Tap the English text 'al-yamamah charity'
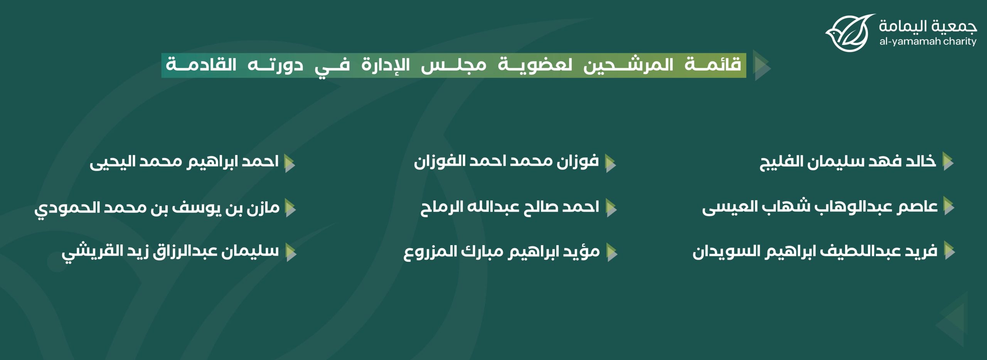click(928, 41)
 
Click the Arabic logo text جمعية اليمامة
click(928, 26)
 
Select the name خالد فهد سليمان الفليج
click(847, 161)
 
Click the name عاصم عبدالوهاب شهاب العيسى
click(820, 207)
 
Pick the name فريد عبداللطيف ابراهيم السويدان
click(815, 251)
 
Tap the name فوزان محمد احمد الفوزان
click(506, 161)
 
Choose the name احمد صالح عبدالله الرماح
click(510, 207)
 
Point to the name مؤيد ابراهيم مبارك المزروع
click(502, 252)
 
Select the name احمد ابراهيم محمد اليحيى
click(184, 162)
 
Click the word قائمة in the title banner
click(713, 64)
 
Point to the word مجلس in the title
click(453, 65)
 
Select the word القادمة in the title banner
click(201, 64)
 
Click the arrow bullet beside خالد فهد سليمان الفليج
click(948, 161)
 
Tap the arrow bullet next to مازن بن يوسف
click(290, 208)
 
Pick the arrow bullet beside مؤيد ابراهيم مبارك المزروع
click(612, 252)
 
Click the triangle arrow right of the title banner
click(762, 65)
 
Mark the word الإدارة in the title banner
click(386, 64)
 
